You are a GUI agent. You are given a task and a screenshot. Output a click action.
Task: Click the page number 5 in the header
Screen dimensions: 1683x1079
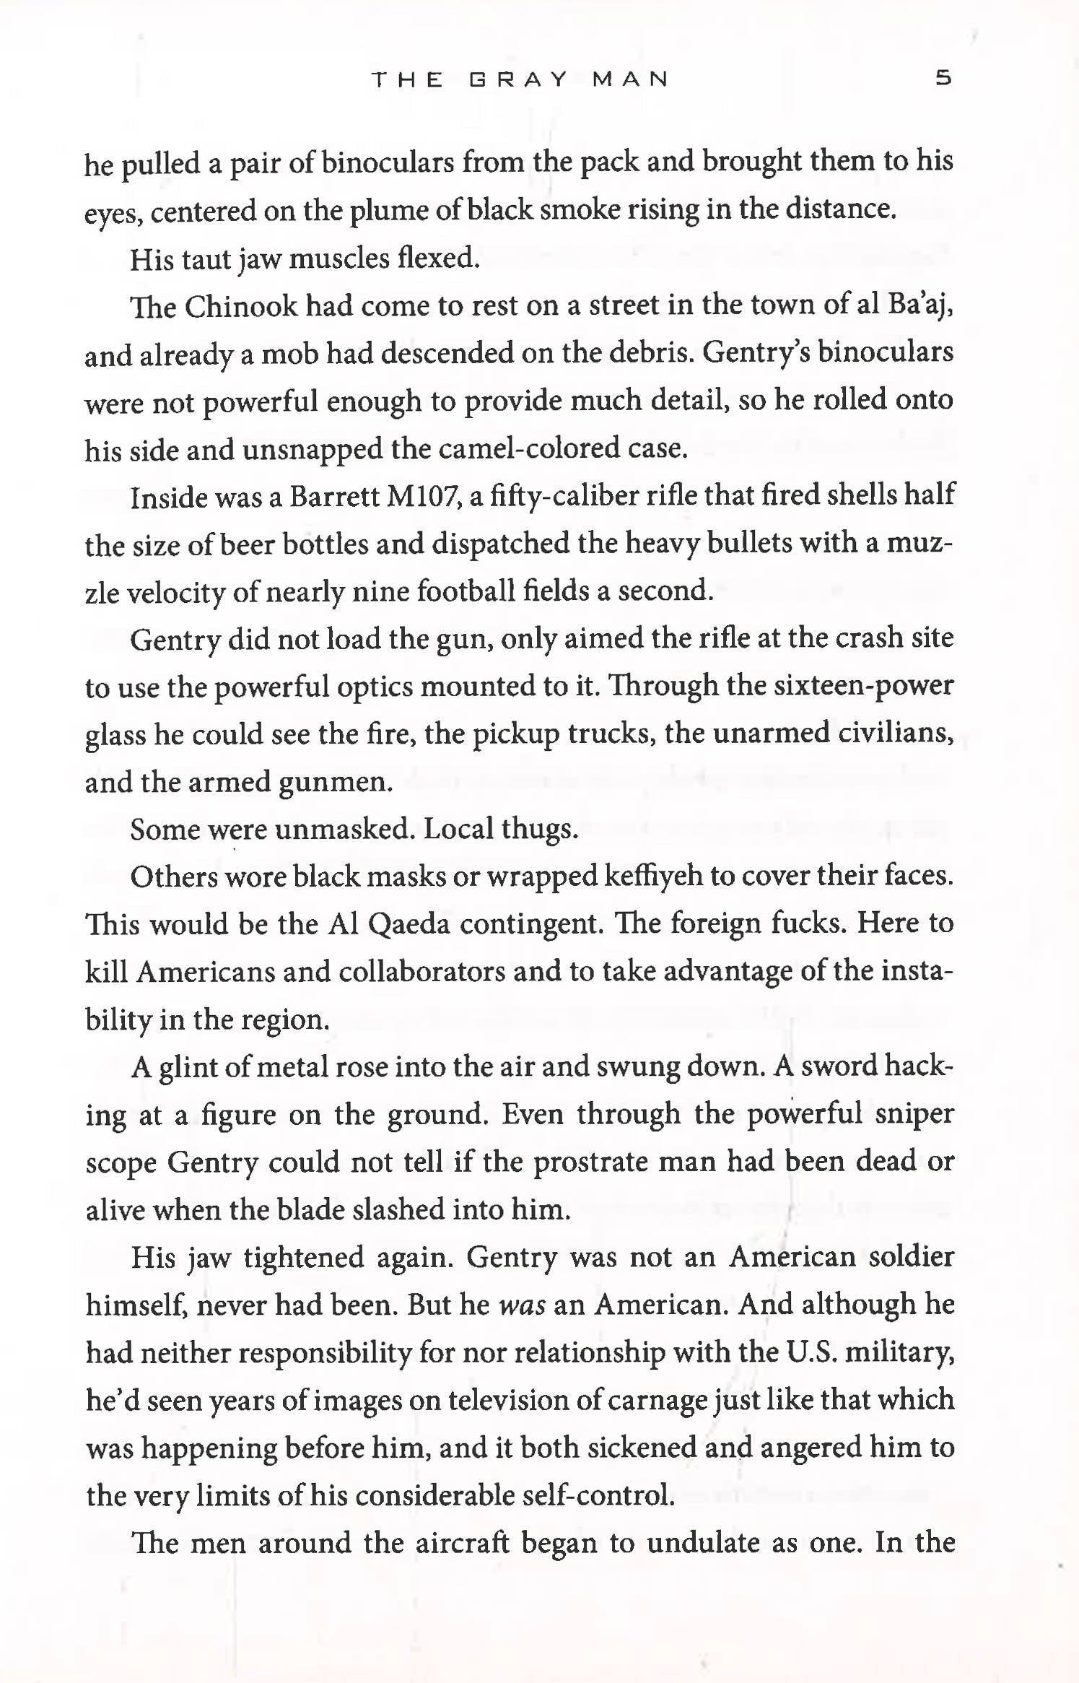click(x=943, y=77)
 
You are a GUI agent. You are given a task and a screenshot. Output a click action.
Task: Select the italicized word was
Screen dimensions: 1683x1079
click(x=522, y=1305)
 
